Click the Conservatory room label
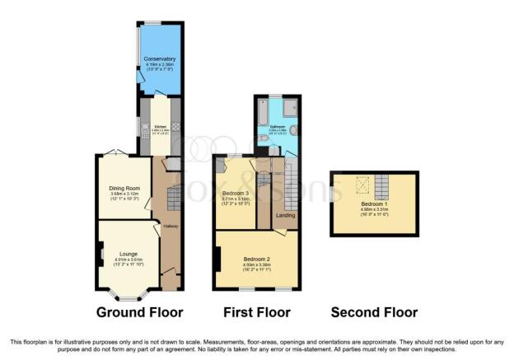pos(159,59)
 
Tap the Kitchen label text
pos(160,126)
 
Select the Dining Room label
pos(124,188)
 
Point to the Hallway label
pos(170,226)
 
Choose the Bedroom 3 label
pos(235,193)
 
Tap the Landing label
pos(286,216)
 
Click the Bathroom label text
pos(277,127)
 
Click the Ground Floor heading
pos(139,312)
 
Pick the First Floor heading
pos(256,312)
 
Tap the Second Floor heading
pos(374,312)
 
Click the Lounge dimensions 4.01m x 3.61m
pos(127,260)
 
